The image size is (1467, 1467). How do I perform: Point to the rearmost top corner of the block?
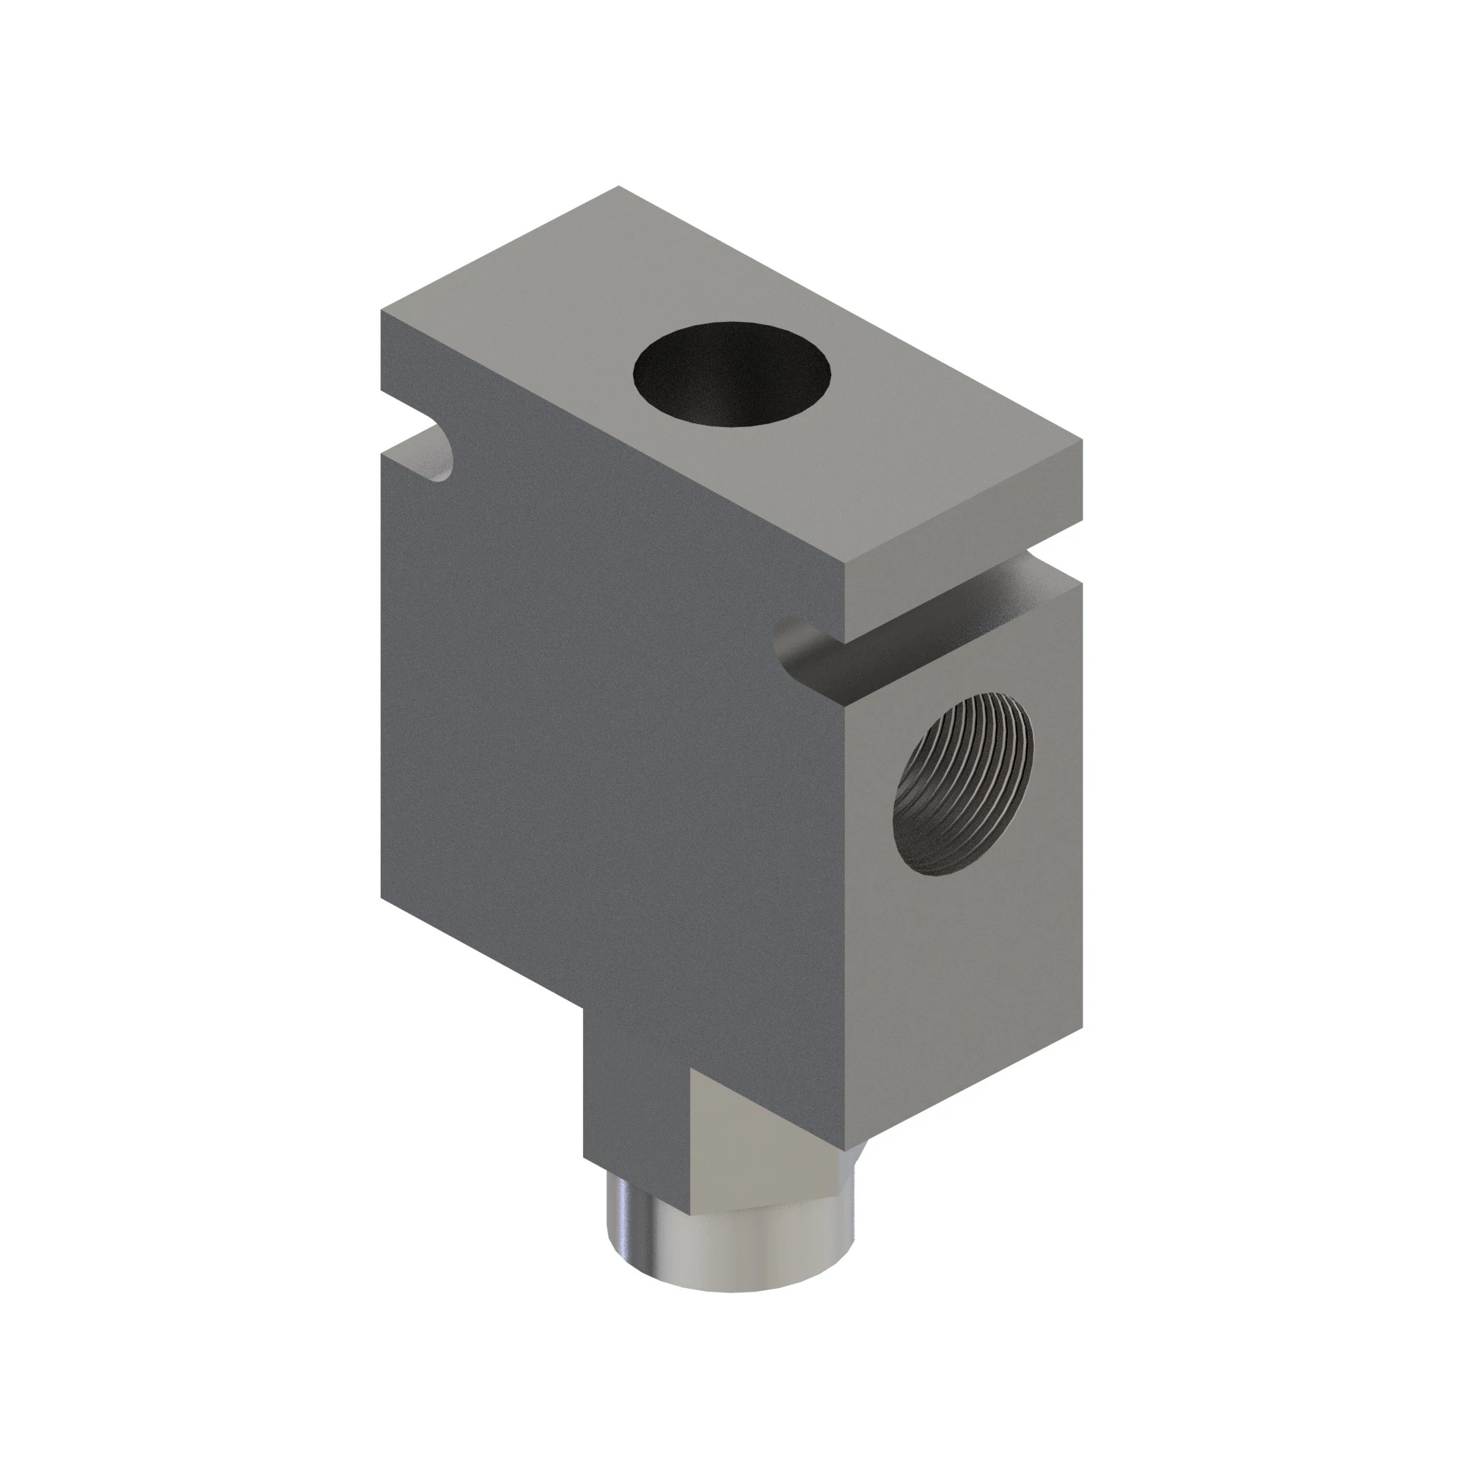pos(619,187)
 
